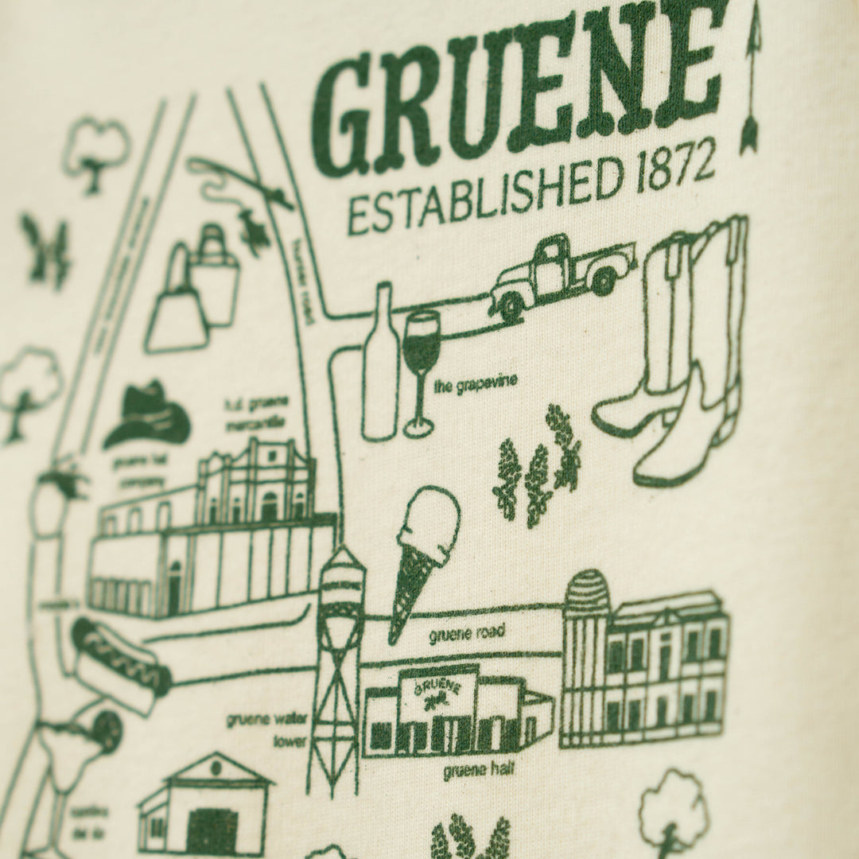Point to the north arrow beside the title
pos(749,80)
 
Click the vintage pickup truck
pos(562,275)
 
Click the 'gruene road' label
pos(465,634)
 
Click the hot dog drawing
pos(121,664)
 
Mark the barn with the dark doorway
pos(206,807)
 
